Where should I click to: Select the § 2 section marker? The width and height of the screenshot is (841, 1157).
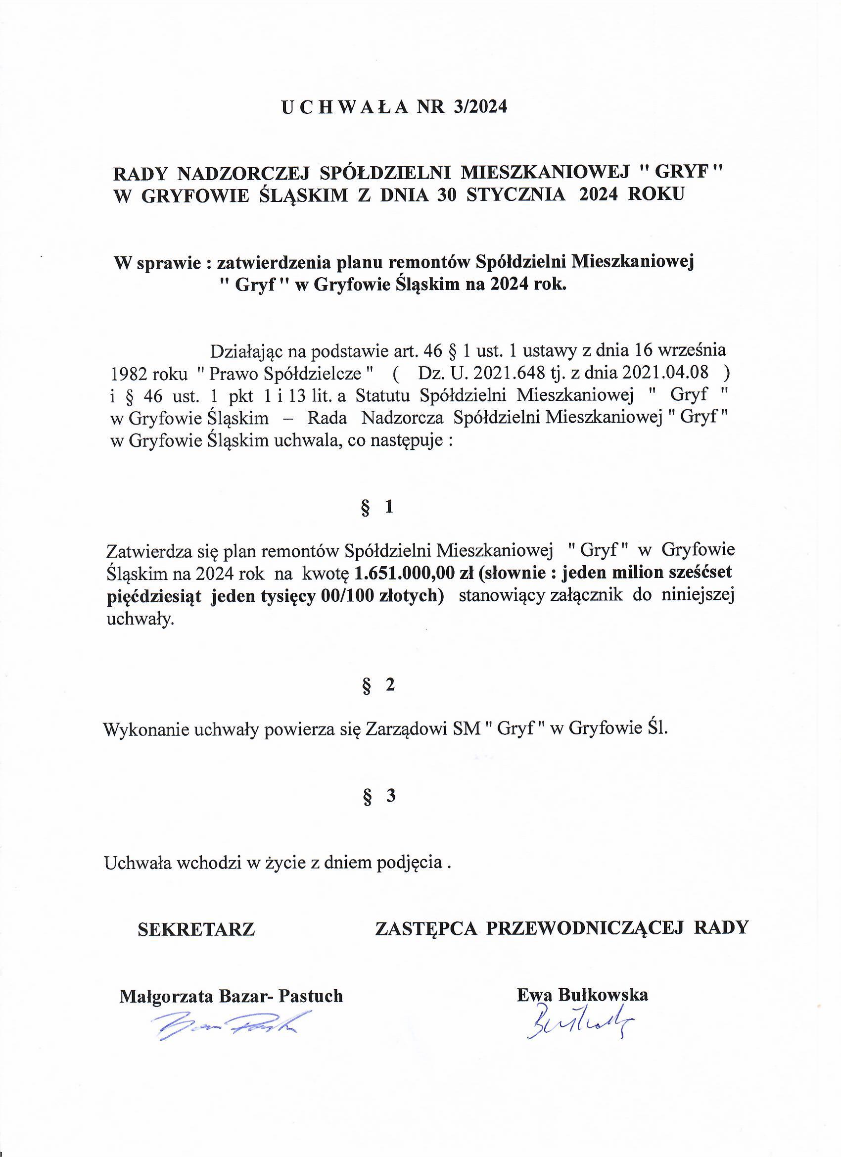378,685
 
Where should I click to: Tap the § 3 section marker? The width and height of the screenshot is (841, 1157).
378,796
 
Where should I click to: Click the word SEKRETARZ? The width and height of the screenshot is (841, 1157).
196,929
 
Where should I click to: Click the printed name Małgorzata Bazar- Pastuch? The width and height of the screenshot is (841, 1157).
231,996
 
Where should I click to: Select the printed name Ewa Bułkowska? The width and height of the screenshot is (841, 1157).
582,995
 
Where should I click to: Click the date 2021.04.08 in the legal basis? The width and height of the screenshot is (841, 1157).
665,373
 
